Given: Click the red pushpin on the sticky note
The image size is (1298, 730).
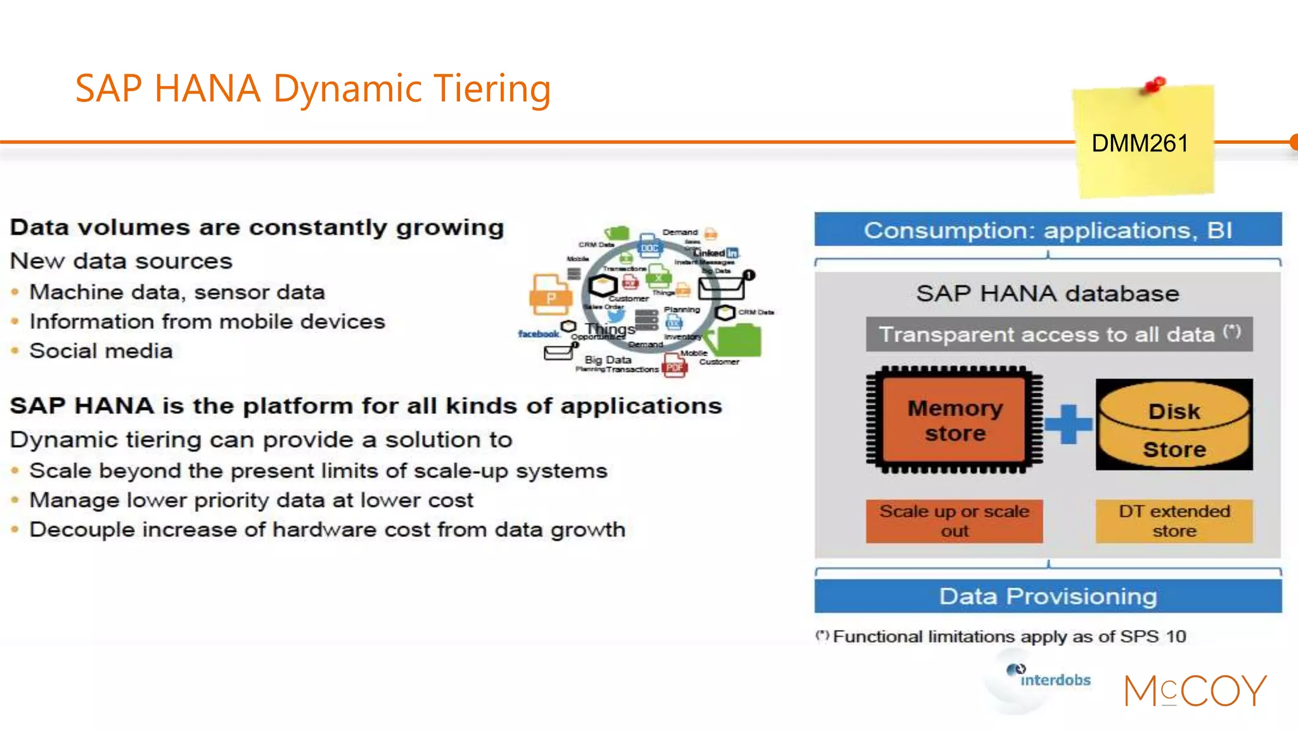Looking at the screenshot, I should click(x=1155, y=84).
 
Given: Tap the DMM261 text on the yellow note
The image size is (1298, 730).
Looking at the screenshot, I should click(x=1140, y=143).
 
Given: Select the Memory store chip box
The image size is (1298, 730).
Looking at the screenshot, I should click(x=954, y=420).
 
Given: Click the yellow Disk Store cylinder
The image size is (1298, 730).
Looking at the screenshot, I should click(x=1174, y=425).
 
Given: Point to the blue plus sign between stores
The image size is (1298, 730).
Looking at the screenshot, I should click(x=1069, y=423).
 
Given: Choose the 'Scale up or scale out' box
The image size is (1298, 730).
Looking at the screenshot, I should click(x=954, y=521).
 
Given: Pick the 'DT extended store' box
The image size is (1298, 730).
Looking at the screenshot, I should click(x=1174, y=521).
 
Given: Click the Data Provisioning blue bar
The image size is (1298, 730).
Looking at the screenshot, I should click(x=1048, y=596).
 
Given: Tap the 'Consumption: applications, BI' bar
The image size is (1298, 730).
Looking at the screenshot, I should click(x=1048, y=230).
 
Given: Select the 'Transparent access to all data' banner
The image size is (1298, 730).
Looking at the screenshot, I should click(x=1058, y=334).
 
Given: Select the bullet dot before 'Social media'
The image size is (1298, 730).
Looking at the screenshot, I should click(x=15, y=350).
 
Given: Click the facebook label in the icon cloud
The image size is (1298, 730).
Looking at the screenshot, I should click(x=538, y=334).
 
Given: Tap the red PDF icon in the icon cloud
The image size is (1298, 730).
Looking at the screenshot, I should click(x=674, y=366).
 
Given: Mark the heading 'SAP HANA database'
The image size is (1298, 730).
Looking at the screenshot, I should click(x=1047, y=293).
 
